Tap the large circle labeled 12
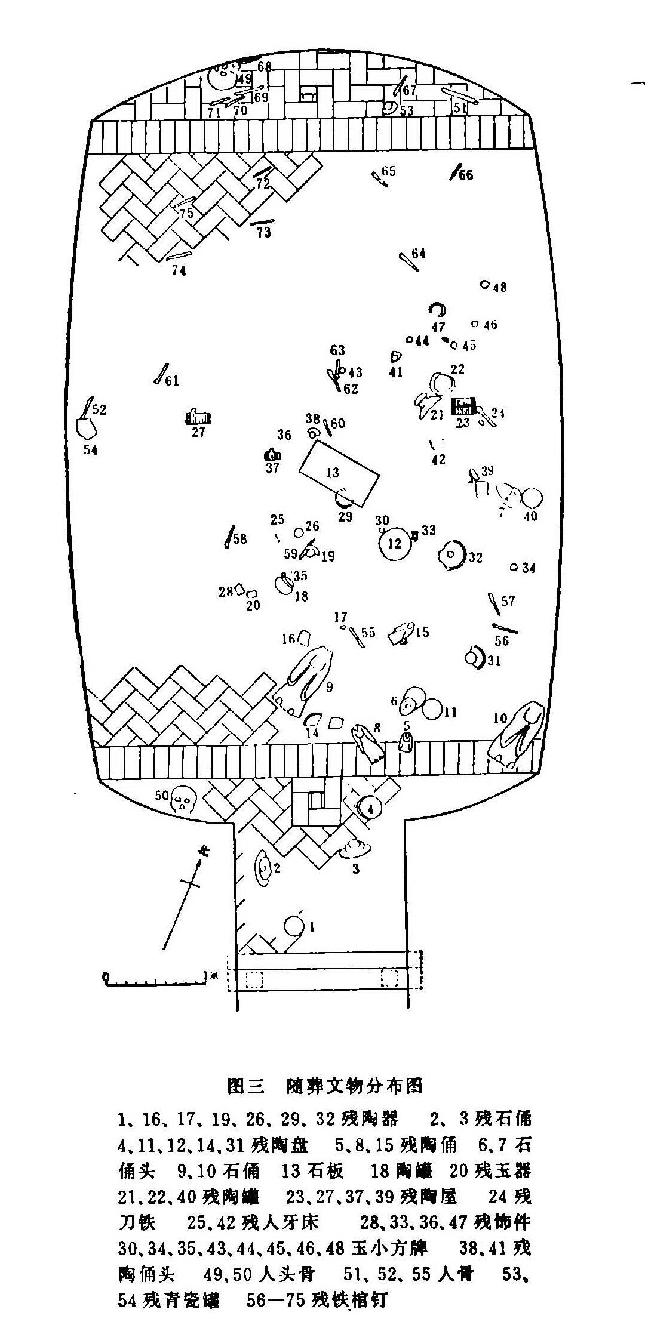click(x=395, y=544)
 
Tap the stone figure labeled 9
click(x=306, y=681)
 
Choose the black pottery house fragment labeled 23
click(x=463, y=406)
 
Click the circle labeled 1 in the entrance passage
click(x=294, y=926)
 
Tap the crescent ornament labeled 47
click(x=438, y=310)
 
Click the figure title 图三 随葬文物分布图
click(x=325, y=1084)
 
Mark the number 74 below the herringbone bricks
click(x=179, y=270)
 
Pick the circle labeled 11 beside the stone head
click(x=432, y=710)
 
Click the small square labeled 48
click(x=486, y=284)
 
